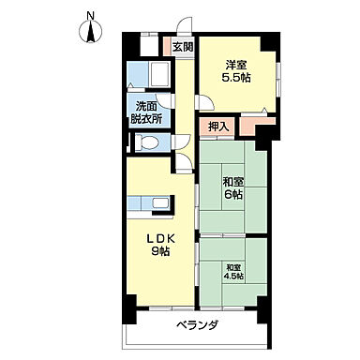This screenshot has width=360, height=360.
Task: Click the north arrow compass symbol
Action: coord(91,32)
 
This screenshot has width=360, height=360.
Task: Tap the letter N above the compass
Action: coord(91,13)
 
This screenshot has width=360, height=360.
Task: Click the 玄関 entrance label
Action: coord(182,47)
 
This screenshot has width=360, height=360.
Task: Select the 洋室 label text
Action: coord(236,64)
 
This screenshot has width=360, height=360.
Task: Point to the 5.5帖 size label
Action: coord(236,79)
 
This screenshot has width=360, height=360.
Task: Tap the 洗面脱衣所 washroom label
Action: coord(148,112)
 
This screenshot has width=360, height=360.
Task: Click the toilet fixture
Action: coord(144,142)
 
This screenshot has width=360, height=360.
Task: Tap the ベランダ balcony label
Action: coord(197,325)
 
